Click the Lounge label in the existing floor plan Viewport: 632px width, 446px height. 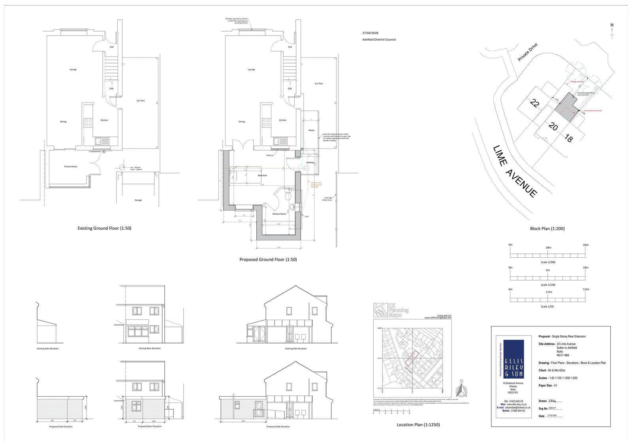pos(73,69)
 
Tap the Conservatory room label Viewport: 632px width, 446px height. pos(71,167)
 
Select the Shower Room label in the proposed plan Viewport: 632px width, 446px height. pos(279,214)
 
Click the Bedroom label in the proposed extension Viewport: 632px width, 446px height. pos(262,175)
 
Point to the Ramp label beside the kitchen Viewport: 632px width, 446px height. pos(311,130)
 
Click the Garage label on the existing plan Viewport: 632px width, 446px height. pos(138,200)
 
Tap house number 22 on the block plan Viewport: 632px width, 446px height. pos(534,104)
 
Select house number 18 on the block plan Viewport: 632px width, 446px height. pos(569,139)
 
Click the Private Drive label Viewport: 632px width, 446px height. pos(528,52)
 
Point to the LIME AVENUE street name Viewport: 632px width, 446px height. pos(515,171)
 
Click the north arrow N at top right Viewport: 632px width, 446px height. pos(612,25)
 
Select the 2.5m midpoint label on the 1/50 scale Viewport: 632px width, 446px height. pos(548,292)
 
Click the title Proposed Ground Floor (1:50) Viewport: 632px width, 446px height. pos(268,259)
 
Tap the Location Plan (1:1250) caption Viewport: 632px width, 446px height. pos(418,425)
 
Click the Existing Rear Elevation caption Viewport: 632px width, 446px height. pos(150,348)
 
